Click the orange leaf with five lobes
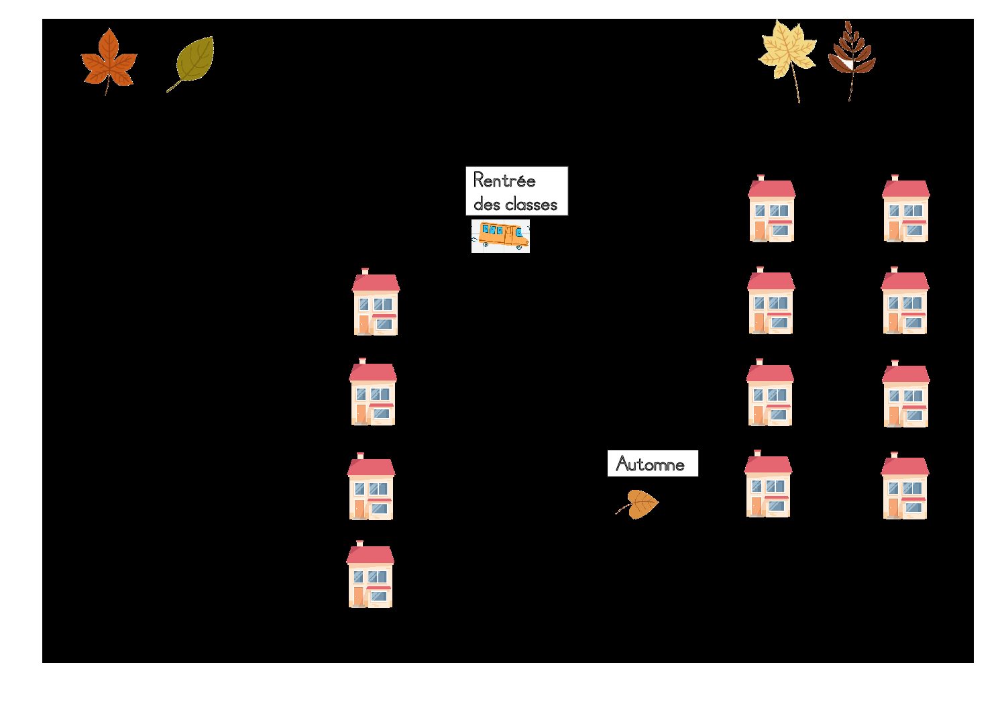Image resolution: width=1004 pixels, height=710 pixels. click(109, 60)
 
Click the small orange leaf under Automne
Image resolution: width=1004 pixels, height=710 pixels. click(638, 504)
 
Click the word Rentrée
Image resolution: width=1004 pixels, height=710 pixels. click(504, 181)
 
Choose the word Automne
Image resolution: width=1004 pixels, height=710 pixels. click(651, 464)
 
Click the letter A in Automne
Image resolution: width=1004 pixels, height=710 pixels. click(622, 464)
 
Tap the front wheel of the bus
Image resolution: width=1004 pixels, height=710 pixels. click(520, 247)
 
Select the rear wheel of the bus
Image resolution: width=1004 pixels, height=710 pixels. click(486, 244)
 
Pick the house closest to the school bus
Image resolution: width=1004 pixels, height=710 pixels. click(376, 301)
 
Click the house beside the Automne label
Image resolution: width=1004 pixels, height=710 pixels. click(768, 483)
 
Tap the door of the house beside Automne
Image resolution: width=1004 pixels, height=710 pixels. click(757, 506)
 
